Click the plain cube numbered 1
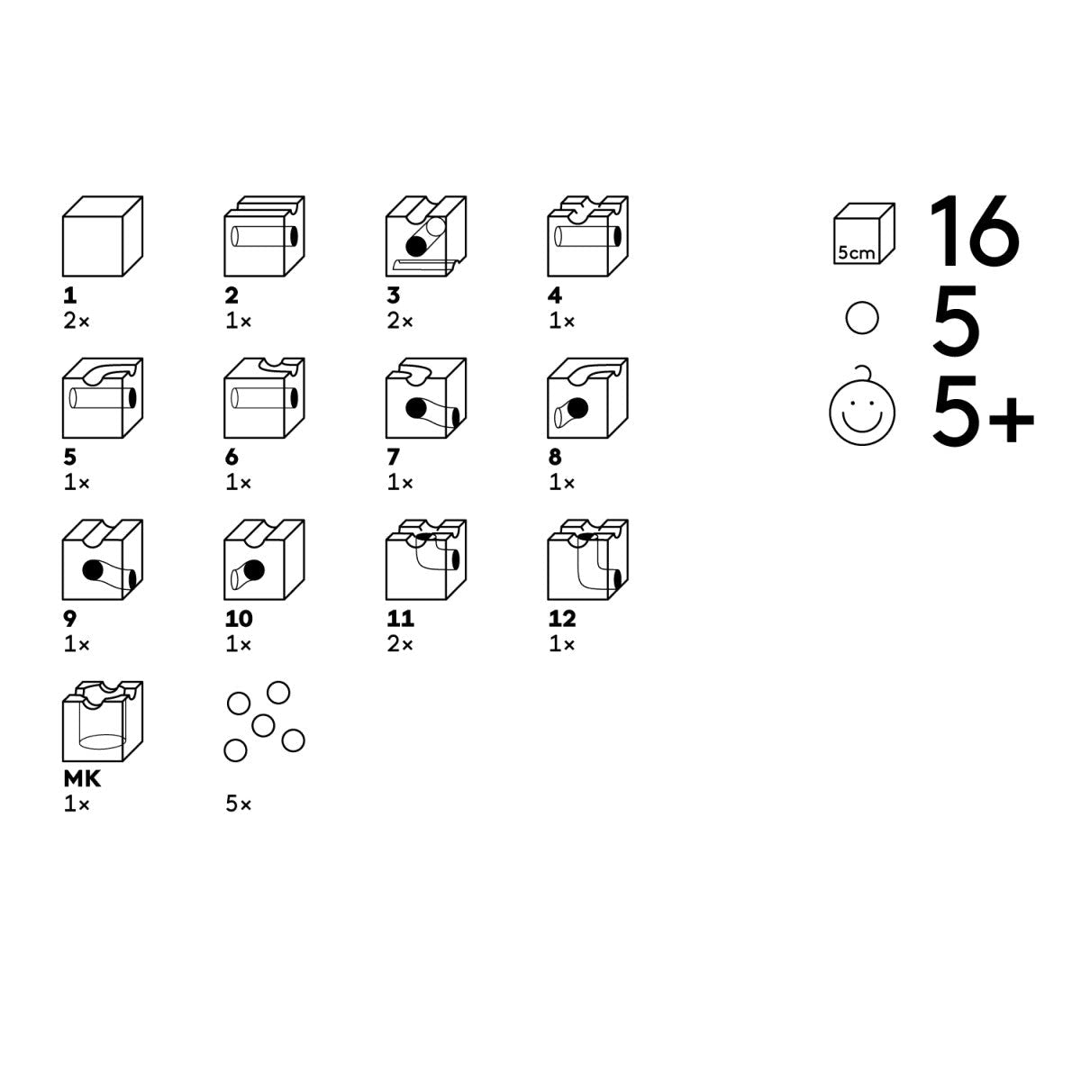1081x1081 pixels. (103, 236)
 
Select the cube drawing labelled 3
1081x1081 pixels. (426, 236)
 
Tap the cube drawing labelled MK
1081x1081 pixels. (103, 722)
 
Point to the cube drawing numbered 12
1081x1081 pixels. (588, 559)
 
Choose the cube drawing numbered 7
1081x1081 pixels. (426, 398)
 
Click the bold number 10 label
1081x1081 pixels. (239, 619)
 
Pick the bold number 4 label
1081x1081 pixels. (555, 295)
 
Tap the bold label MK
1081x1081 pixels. (82, 778)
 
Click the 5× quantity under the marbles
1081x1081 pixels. (239, 804)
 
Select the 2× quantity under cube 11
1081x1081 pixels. (400, 644)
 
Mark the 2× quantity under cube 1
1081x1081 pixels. (77, 321)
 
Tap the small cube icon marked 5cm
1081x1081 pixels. (864, 233)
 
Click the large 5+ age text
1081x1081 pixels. (983, 413)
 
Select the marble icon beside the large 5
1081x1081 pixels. (862, 318)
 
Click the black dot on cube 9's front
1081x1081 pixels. (93, 570)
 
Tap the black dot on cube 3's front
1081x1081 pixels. (415, 246)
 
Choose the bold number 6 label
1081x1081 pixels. (232, 458)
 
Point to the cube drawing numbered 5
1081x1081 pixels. (103, 398)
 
